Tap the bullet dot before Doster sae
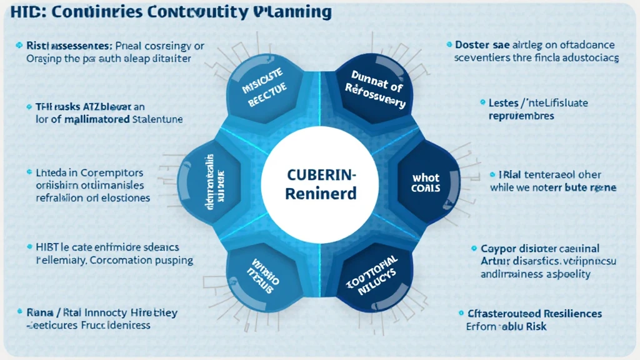449,45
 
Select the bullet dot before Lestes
482,102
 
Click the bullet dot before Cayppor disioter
474,249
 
